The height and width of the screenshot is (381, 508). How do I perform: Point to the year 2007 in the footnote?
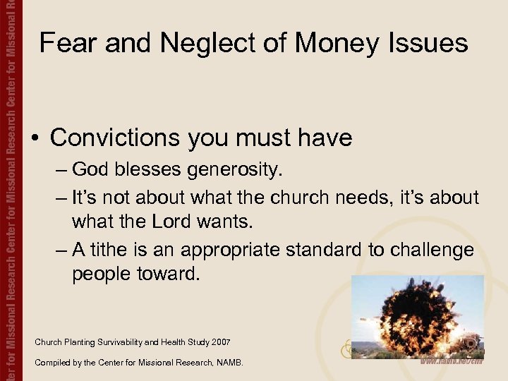click(219, 342)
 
